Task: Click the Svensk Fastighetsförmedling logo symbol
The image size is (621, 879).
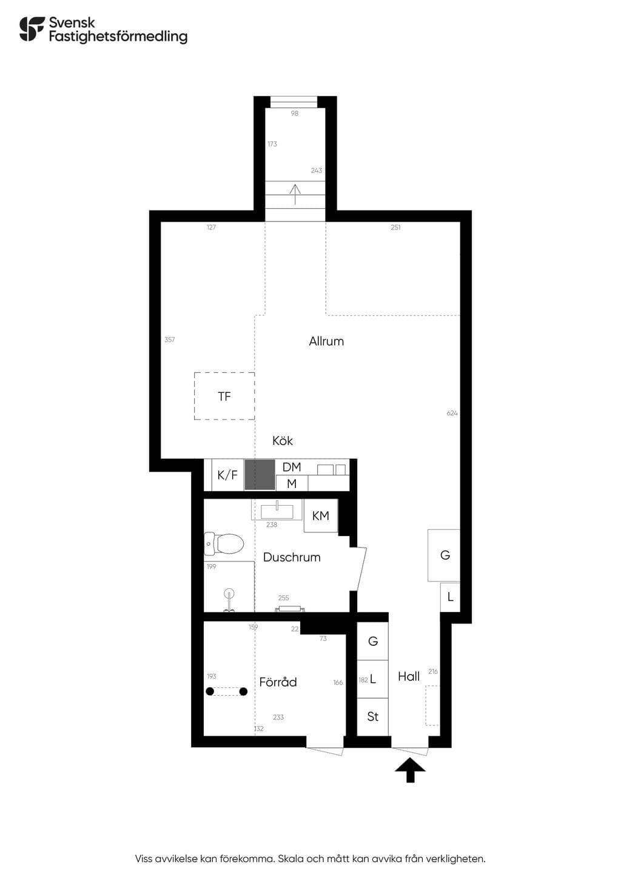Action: coord(32,29)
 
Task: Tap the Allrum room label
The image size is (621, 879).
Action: coord(326,341)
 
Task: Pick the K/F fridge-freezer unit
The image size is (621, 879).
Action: coord(227,475)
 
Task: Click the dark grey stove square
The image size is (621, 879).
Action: coord(260,475)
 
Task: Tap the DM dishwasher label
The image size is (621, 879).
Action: coord(292,467)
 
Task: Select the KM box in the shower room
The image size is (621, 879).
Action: coord(321,515)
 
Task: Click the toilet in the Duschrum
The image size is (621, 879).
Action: coord(224,544)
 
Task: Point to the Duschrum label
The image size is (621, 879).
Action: coord(292,557)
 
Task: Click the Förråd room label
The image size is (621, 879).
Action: coord(278,682)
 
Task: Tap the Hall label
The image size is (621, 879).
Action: coord(409,676)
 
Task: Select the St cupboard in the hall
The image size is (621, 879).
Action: coord(372,717)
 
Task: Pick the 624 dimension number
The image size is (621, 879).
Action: coord(452,413)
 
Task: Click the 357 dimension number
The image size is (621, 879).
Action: coord(170,339)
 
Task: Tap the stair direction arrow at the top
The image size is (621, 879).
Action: coord(295,194)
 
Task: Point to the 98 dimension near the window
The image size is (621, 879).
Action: coord(294,114)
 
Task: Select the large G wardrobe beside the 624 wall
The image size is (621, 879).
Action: coord(444,555)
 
